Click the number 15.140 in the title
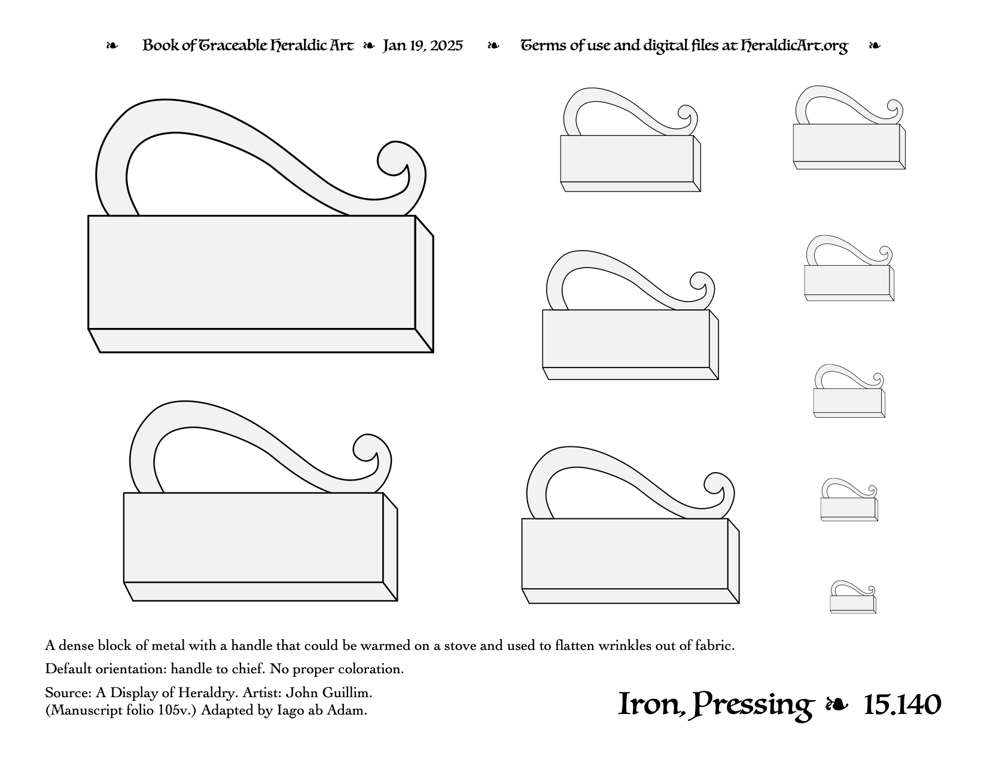click(x=902, y=705)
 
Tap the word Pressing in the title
click(x=752, y=706)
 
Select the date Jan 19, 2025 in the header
click(x=422, y=46)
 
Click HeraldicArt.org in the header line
click(x=794, y=46)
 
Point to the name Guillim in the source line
click(x=347, y=692)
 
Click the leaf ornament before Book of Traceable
click(x=112, y=45)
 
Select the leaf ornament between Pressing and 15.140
click(x=837, y=704)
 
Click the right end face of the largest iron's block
click(x=424, y=284)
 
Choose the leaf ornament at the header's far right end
click(x=875, y=45)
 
